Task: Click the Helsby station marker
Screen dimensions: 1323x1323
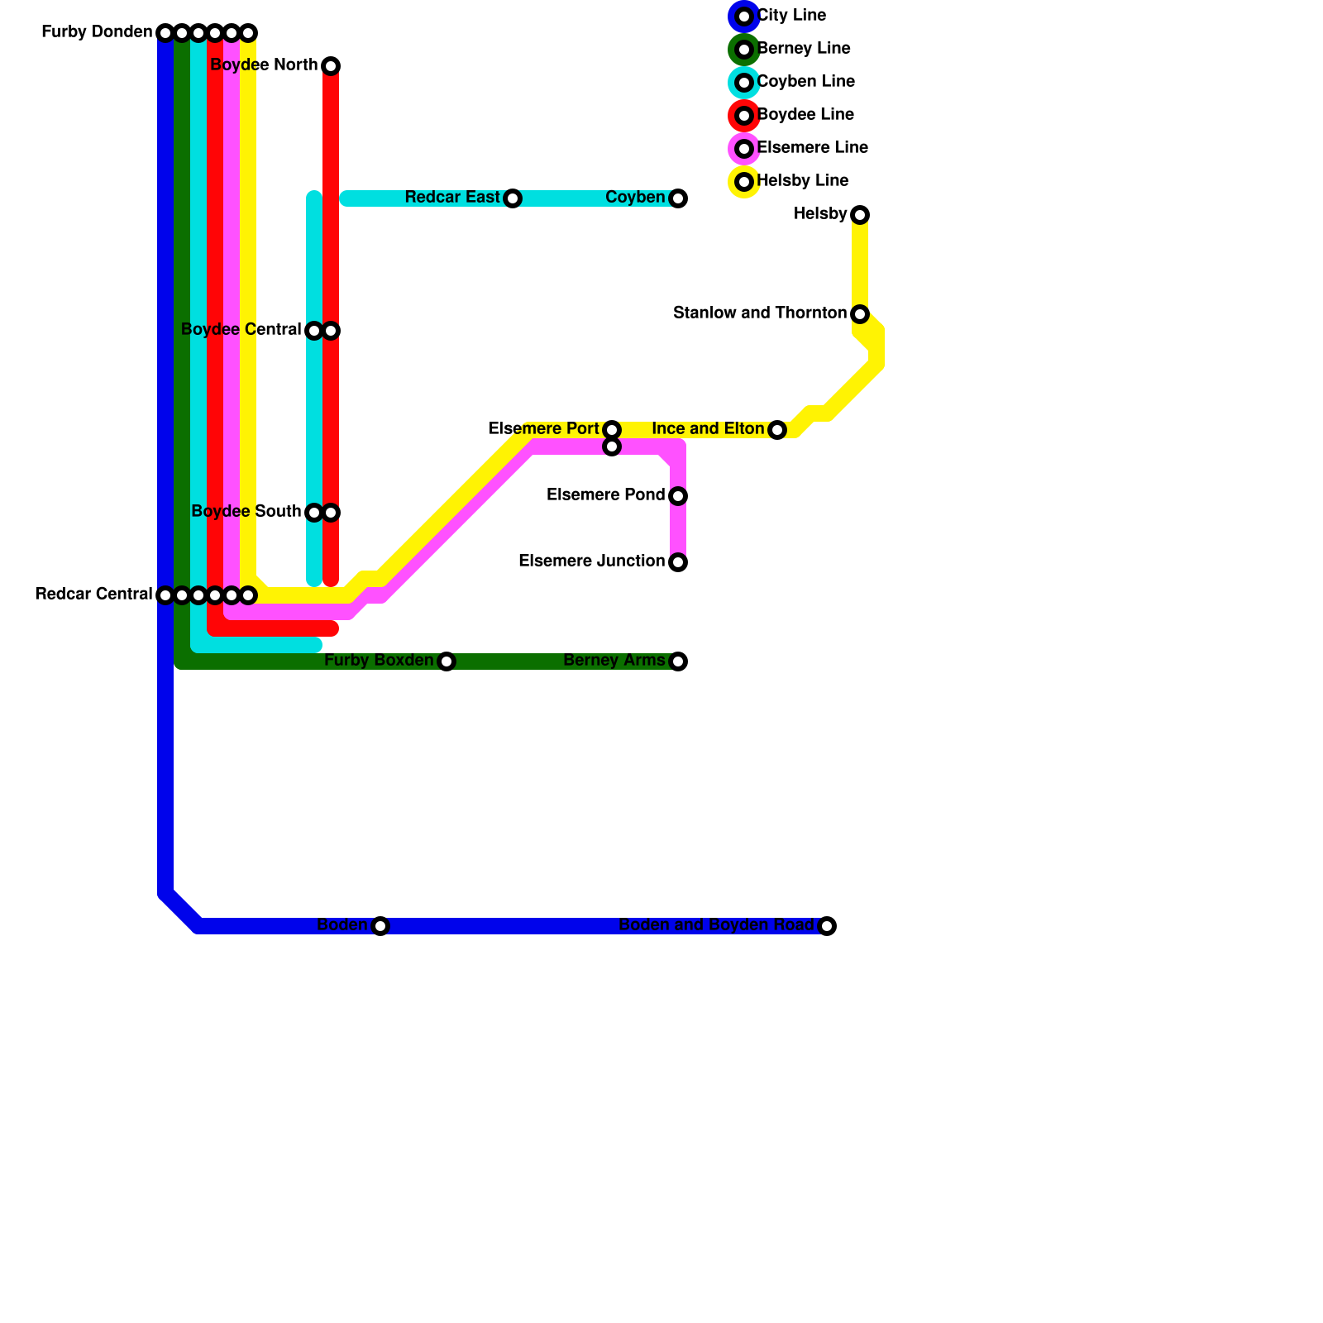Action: pos(860,215)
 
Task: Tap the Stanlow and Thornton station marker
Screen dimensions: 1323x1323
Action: pos(860,314)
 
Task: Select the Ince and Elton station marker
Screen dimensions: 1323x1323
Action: pos(777,430)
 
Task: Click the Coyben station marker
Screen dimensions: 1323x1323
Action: pos(678,198)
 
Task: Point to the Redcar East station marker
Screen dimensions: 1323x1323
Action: pos(513,198)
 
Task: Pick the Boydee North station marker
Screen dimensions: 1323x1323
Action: pos(331,66)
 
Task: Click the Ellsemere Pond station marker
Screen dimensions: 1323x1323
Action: pos(678,496)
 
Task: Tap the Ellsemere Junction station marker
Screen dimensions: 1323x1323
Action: pos(678,562)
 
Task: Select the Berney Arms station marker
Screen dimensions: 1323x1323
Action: pos(678,661)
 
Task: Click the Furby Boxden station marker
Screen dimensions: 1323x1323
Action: pos(447,661)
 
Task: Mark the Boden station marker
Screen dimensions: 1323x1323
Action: pos(380,926)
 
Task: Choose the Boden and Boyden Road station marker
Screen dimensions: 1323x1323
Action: pos(827,926)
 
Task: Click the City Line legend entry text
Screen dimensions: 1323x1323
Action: pos(791,16)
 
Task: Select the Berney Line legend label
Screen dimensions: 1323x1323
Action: pos(804,49)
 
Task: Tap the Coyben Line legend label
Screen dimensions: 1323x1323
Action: pos(805,82)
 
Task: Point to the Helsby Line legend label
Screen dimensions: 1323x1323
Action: pos(802,181)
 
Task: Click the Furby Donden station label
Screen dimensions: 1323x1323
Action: pos(97,33)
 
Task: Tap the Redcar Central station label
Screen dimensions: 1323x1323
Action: pos(93,595)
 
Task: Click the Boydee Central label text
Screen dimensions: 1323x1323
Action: pos(241,330)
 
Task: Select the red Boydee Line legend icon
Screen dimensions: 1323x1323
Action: pos(744,116)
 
